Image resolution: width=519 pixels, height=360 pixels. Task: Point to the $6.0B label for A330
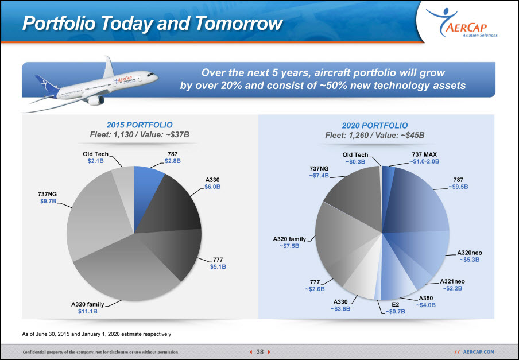point(212,187)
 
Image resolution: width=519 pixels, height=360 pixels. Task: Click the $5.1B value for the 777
point(218,266)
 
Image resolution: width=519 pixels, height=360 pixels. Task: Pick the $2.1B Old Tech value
point(96,161)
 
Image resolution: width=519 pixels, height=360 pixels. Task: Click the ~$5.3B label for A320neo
point(470,260)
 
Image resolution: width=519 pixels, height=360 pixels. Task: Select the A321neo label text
point(452,281)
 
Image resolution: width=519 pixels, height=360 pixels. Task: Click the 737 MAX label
point(424,154)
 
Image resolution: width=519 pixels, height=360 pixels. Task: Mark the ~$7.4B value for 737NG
point(319,175)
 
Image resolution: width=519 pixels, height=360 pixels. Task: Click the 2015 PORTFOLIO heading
point(140,125)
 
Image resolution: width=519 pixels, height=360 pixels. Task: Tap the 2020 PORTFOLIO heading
point(375,125)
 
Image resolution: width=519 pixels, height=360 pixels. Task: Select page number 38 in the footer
point(260,352)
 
